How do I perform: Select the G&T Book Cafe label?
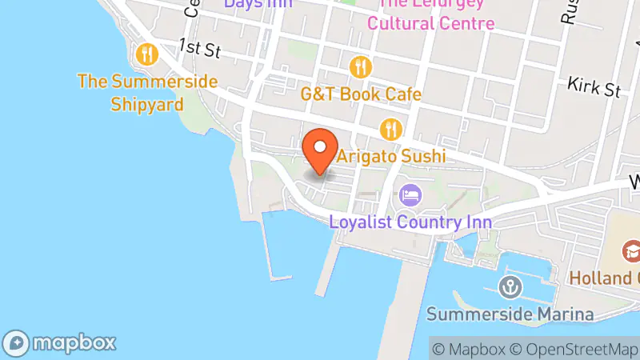pyautogui.click(x=361, y=94)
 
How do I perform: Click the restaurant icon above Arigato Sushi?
pyautogui.click(x=390, y=128)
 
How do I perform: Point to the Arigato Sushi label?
pyautogui.click(x=390, y=157)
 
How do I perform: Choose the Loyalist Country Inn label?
pyautogui.click(x=410, y=221)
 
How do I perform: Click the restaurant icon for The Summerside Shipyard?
pyautogui.click(x=146, y=54)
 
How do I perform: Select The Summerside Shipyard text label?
pyautogui.click(x=147, y=93)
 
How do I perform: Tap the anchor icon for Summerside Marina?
pyautogui.click(x=510, y=286)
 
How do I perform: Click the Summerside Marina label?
pyautogui.click(x=510, y=314)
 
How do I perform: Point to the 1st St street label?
pyautogui.click(x=199, y=48)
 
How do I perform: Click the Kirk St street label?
pyautogui.click(x=594, y=86)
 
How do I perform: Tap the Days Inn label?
pyautogui.click(x=258, y=4)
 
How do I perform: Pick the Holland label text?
pyautogui.click(x=604, y=278)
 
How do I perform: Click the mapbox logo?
pyautogui.click(x=59, y=342)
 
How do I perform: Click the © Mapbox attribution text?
pyautogui.click(x=470, y=349)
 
